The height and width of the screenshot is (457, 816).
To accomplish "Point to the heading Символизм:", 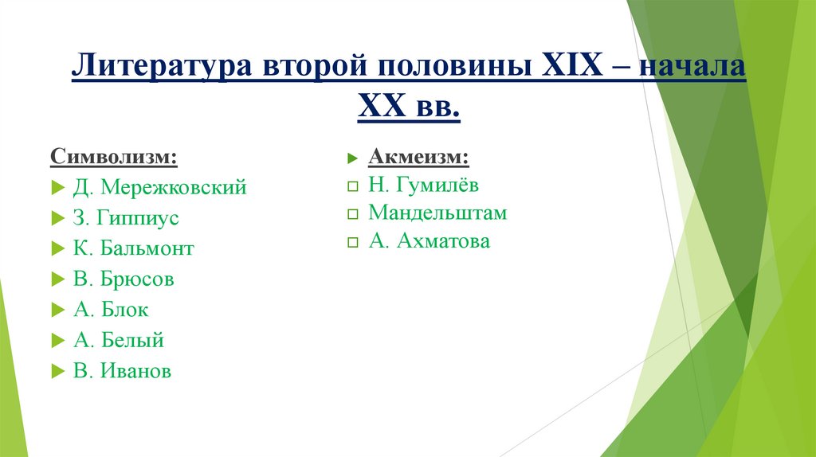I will click(115, 156).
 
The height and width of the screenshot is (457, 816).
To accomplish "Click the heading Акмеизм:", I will click(419, 156).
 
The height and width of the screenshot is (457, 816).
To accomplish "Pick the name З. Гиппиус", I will click(126, 218).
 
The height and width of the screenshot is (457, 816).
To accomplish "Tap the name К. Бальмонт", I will click(134, 248).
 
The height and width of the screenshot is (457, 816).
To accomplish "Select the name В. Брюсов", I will click(124, 279).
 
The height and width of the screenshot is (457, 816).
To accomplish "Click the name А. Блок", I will click(111, 310).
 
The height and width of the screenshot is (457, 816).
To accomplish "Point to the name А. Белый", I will click(119, 341).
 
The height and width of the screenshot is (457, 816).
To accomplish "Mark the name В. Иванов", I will click(122, 371).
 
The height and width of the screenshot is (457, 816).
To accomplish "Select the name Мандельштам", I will click(437, 213).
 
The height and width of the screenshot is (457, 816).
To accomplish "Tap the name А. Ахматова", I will click(430, 241).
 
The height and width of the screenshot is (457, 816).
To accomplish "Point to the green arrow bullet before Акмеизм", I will click(353, 157).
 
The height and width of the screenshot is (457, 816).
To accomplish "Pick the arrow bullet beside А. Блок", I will click(57, 311).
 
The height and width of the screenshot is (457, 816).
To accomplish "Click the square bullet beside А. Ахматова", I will click(353, 243).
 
